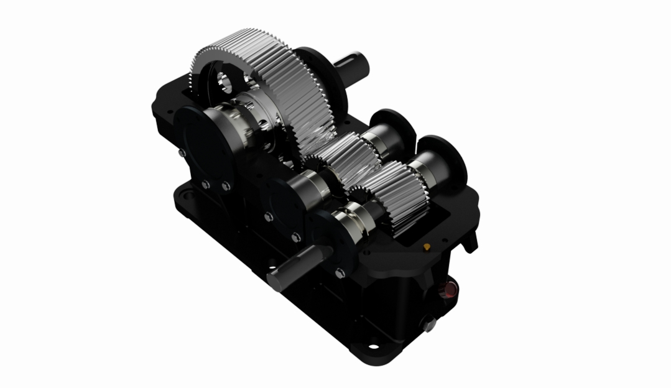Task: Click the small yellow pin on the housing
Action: click(x=427, y=247)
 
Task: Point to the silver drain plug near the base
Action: click(x=429, y=323)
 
